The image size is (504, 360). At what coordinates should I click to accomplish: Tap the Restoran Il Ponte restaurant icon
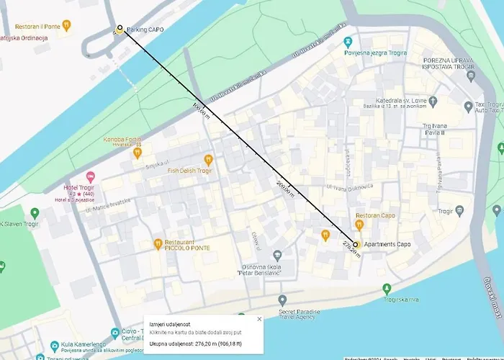click(x=67, y=25)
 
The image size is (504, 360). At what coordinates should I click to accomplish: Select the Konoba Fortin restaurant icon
click(x=137, y=153)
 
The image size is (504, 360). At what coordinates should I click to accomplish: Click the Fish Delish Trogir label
click(x=189, y=171)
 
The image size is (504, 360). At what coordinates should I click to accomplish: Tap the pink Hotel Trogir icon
click(x=91, y=177)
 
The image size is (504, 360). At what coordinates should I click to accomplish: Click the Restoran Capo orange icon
click(x=359, y=225)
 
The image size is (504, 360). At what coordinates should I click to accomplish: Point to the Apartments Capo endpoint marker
click(x=356, y=245)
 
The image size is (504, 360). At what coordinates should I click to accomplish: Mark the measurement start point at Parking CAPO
click(x=120, y=28)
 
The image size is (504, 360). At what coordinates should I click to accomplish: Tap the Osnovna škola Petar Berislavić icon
click(x=277, y=255)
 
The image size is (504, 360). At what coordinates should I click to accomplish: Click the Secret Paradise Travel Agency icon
click(x=282, y=300)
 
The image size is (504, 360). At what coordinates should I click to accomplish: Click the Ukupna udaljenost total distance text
click(x=201, y=343)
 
